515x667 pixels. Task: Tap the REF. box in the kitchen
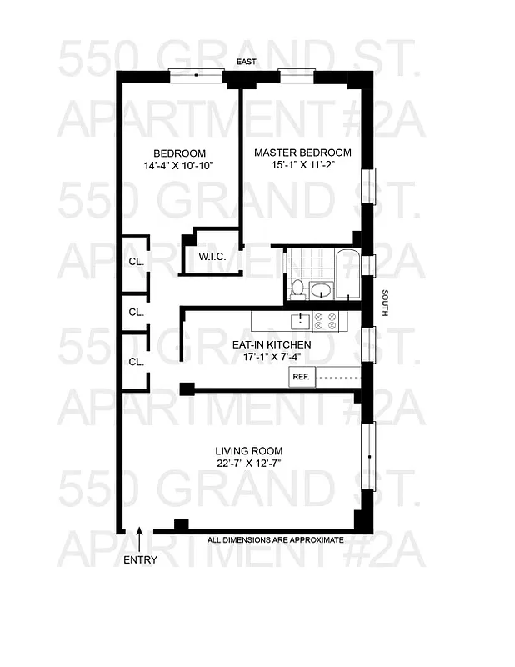pos(300,377)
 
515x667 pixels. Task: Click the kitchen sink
pos(299,319)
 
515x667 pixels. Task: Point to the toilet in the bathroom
pos(297,289)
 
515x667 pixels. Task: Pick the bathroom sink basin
pos(320,291)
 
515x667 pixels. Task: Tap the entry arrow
pos(139,535)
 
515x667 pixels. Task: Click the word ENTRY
pos(139,560)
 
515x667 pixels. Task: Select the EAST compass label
pos(245,63)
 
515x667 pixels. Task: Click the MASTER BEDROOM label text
pos(302,153)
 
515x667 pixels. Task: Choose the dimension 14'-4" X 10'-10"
pos(178,166)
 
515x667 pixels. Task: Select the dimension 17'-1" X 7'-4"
pos(268,357)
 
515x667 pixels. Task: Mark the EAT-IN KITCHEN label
pos(272,344)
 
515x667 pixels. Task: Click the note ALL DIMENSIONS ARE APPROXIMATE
pos(275,540)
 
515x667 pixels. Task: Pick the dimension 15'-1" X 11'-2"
pos(302,166)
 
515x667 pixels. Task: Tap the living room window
pos(368,454)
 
